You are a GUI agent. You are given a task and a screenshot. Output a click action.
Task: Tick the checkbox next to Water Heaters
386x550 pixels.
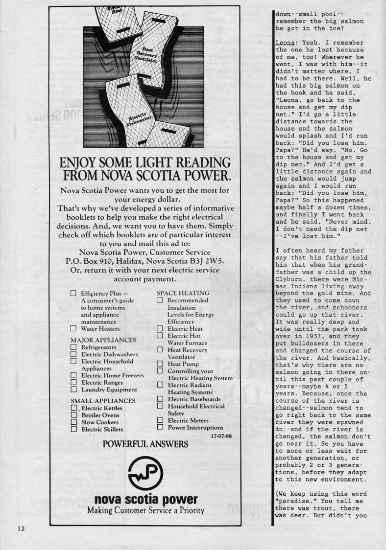point(73,329)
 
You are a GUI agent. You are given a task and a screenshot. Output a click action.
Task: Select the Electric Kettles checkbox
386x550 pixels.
point(73,408)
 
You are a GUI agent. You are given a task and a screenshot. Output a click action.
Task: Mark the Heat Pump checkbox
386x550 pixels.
point(160,364)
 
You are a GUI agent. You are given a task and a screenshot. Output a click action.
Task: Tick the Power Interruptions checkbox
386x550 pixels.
point(160,427)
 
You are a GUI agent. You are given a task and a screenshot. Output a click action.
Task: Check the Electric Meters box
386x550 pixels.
point(160,420)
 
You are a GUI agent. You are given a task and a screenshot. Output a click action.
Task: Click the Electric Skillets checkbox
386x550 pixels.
point(73,429)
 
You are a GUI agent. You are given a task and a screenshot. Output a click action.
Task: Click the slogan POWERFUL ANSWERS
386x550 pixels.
point(145,444)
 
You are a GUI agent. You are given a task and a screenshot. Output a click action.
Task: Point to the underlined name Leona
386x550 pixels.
point(285,43)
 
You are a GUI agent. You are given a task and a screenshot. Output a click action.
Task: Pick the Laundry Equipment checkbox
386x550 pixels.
point(73,390)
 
